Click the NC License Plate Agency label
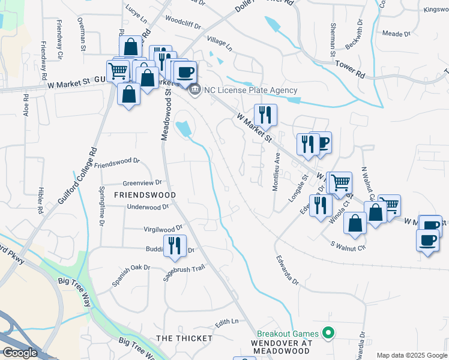pos(250,91)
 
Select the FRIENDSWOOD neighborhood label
pos(145,195)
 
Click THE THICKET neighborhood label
pos(184,338)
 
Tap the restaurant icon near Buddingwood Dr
pos(175,245)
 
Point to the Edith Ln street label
pos(226,322)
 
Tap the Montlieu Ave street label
pos(276,170)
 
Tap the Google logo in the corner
pos(19,353)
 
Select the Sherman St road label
pos(333,40)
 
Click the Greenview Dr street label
pos(142,182)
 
